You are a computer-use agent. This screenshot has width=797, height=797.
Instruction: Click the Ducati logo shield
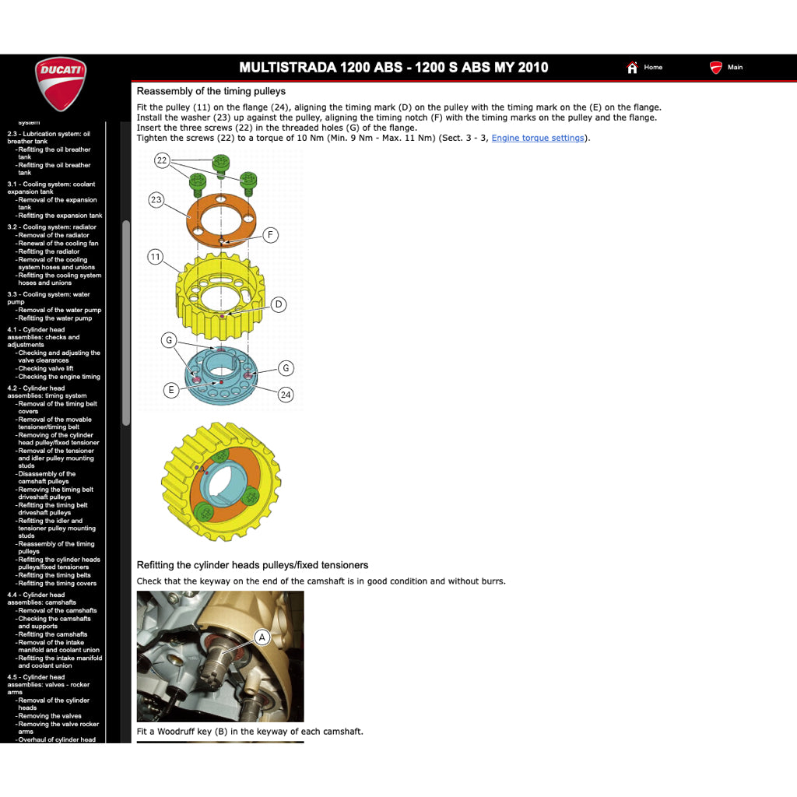pyautogui.click(x=61, y=84)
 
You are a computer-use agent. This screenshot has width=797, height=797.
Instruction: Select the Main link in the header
pyautogui.click(x=734, y=68)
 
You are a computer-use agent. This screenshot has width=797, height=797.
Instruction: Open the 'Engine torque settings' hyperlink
pyautogui.click(x=538, y=139)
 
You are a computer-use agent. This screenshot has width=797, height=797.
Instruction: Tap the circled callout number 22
pyautogui.click(x=162, y=160)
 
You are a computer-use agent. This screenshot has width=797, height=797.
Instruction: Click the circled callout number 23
pyautogui.click(x=156, y=200)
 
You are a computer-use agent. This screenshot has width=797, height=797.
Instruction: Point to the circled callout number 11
pyautogui.click(x=156, y=257)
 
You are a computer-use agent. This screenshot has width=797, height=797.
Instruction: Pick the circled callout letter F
pyautogui.click(x=270, y=234)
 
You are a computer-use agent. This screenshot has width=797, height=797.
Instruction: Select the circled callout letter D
pyautogui.click(x=279, y=304)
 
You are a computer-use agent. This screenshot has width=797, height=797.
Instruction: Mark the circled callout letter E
pyautogui.click(x=171, y=390)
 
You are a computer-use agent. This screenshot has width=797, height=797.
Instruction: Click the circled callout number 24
pyautogui.click(x=286, y=395)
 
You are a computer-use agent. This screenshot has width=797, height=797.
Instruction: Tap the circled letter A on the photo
pyautogui.click(x=262, y=637)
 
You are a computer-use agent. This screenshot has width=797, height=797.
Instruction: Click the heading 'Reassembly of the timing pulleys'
pyautogui.click(x=211, y=92)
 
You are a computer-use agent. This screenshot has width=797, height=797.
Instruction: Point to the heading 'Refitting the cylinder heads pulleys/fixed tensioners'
pyautogui.click(x=252, y=565)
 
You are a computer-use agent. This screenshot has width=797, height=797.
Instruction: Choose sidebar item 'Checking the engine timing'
pyautogui.click(x=59, y=377)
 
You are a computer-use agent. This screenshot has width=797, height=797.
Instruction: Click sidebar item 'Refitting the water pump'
pyautogui.click(x=55, y=318)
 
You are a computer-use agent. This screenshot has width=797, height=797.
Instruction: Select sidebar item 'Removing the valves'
pyautogui.click(x=50, y=716)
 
